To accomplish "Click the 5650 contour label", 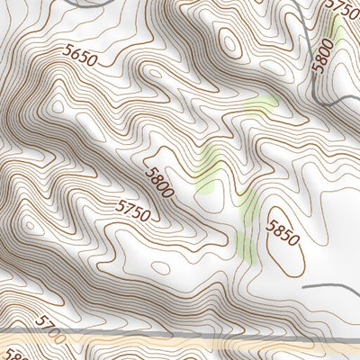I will [x=80, y=55].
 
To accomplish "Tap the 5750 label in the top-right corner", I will [x=341, y=7].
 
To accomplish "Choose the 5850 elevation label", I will [x=281, y=233].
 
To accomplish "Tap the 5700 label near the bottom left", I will [x=51, y=329].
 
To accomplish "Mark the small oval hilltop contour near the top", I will [x=229, y=42].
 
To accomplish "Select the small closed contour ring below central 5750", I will [x=160, y=267].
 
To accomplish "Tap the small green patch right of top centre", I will [x=261, y=106].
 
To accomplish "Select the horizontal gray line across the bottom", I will [x=180, y=336].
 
